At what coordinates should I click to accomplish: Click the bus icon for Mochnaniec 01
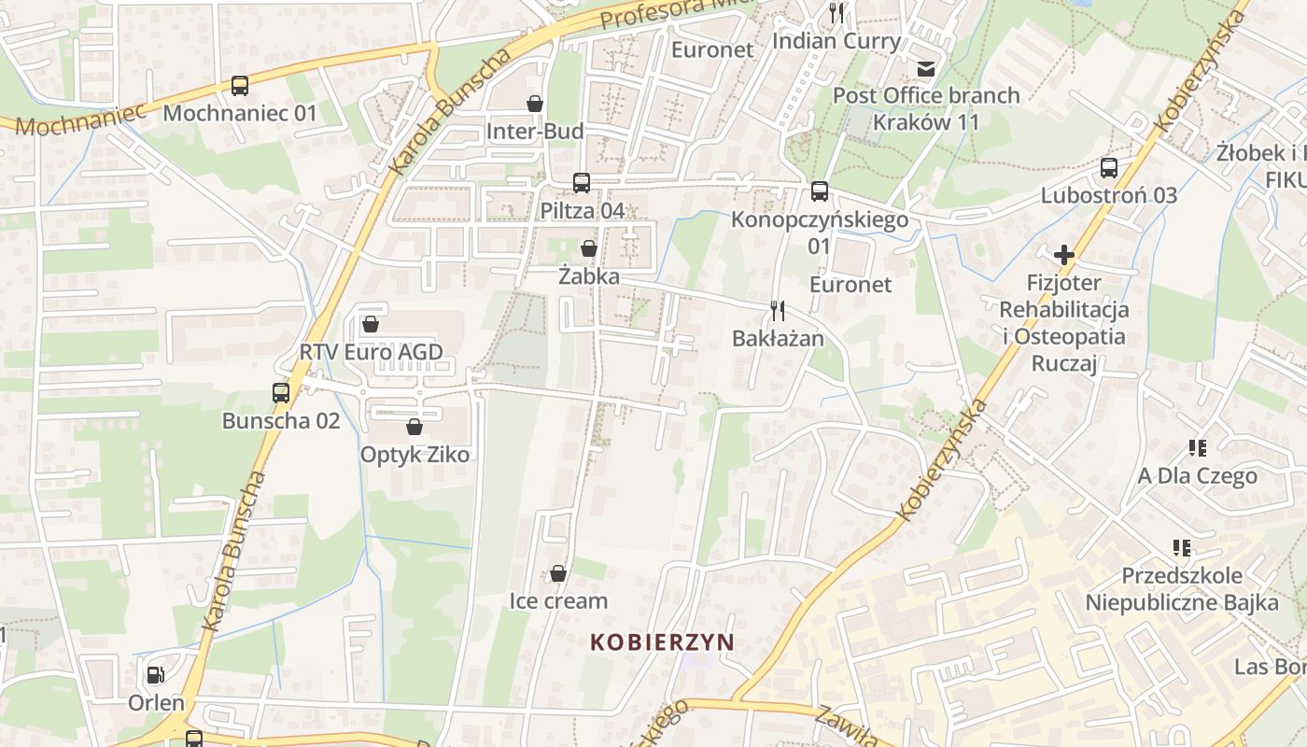click(240, 86)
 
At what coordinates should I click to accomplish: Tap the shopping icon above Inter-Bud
click(535, 103)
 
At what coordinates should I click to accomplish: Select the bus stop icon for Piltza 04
click(582, 182)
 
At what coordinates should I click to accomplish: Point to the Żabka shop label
click(589, 276)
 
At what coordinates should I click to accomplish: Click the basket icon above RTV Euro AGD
click(371, 324)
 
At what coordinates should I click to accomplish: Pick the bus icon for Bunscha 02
click(281, 392)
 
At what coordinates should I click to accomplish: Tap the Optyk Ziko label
click(415, 455)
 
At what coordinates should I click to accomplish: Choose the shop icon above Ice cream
click(558, 572)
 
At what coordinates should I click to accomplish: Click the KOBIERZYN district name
click(662, 642)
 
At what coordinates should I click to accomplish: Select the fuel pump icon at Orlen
click(156, 674)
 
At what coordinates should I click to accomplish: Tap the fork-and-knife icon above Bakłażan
click(778, 310)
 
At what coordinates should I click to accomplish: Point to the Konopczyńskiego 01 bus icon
click(820, 191)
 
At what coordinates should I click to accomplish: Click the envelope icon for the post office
click(926, 67)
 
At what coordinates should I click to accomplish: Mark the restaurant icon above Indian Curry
click(836, 13)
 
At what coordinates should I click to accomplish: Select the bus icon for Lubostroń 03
click(1109, 168)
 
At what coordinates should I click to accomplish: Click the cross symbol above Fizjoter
click(1063, 254)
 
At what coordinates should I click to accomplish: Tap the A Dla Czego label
click(1198, 476)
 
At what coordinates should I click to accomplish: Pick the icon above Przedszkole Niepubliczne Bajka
click(1182, 547)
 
